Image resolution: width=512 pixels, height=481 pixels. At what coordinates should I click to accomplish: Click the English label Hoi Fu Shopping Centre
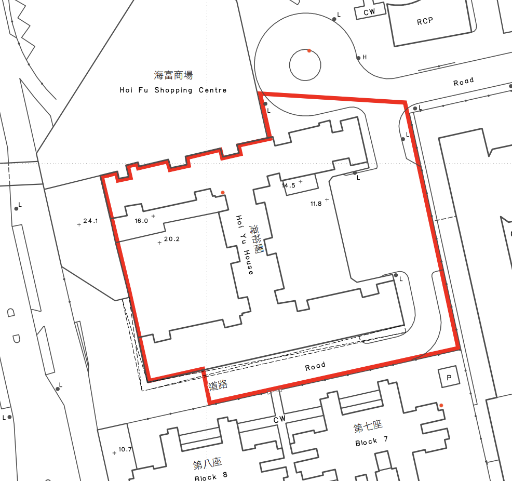point(173,90)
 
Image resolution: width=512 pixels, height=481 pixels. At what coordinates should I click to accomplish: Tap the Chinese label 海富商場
point(173,75)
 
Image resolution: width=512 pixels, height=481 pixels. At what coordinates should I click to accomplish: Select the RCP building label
point(425,21)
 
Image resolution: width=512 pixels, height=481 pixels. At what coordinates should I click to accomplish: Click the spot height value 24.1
point(91,221)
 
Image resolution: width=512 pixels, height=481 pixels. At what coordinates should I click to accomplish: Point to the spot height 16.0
point(141,220)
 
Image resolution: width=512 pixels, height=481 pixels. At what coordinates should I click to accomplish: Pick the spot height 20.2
point(171,239)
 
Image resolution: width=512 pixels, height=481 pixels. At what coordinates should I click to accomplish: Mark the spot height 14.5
point(288,185)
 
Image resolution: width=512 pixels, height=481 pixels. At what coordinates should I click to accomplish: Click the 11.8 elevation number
point(316,204)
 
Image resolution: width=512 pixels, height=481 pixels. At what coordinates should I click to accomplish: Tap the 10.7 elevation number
point(125,449)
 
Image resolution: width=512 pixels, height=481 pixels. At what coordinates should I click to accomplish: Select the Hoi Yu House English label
point(244,245)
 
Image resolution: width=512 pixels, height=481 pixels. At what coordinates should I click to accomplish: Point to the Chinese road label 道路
point(218,386)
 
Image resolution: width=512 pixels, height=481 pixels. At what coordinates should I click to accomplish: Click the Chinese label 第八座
point(207,463)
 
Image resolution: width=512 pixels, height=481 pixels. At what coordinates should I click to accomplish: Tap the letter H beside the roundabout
point(365,57)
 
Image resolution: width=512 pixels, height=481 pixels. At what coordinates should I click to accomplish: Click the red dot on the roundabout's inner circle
point(309,50)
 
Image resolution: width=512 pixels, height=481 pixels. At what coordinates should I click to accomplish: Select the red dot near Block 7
point(441,405)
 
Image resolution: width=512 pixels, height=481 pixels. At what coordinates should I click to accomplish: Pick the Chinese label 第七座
point(368,427)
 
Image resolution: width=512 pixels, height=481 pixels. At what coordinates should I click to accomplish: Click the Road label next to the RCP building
point(463,82)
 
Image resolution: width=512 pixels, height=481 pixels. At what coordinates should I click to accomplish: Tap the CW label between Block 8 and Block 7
point(279,419)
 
